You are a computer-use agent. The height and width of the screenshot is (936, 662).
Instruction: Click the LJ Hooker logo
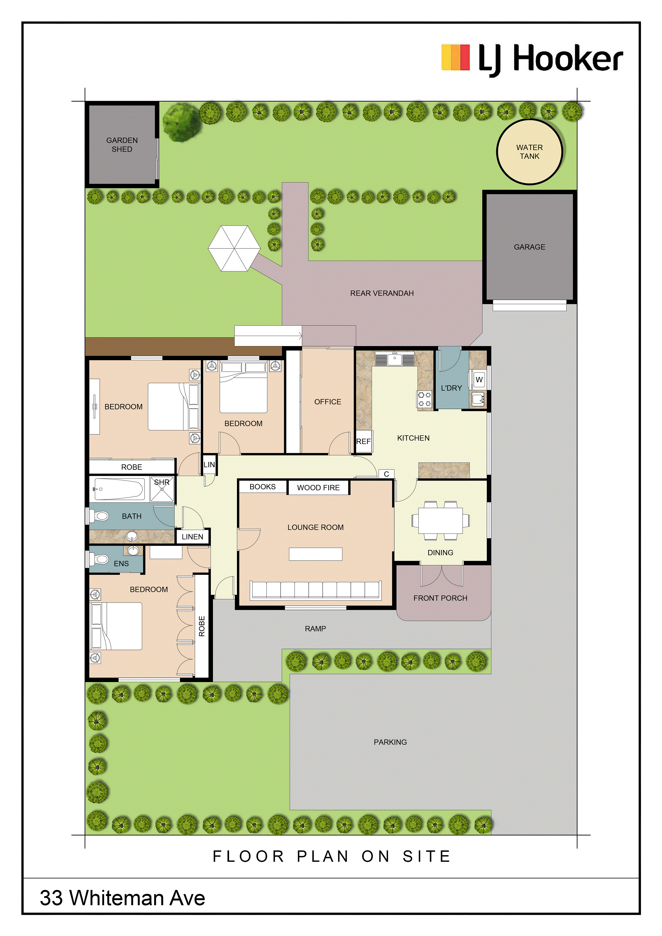(532, 59)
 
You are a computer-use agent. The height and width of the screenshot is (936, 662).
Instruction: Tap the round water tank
(530, 152)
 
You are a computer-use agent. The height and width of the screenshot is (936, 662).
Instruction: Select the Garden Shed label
(122, 145)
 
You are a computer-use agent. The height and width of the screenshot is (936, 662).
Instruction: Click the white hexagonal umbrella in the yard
(234, 248)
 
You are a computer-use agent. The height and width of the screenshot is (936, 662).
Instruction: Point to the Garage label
(530, 247)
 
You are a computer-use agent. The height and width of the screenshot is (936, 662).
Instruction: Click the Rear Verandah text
(382, 293)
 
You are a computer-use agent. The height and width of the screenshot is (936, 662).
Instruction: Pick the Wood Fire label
(318, 488)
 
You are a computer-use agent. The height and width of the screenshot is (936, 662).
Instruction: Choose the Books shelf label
(262, 487)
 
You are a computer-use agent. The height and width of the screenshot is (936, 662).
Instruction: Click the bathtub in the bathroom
(119, 489)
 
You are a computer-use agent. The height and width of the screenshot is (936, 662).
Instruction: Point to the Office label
(328, 402)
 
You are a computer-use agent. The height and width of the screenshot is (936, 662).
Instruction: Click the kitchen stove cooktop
(424, 398)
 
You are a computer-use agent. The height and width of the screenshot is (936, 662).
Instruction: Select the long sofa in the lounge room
(316, 590)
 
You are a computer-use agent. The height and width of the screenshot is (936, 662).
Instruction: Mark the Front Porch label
(440, 598)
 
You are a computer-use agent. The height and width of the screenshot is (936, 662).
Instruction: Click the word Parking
(390, 742)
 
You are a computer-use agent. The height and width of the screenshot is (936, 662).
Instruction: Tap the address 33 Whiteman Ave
(122, 898)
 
